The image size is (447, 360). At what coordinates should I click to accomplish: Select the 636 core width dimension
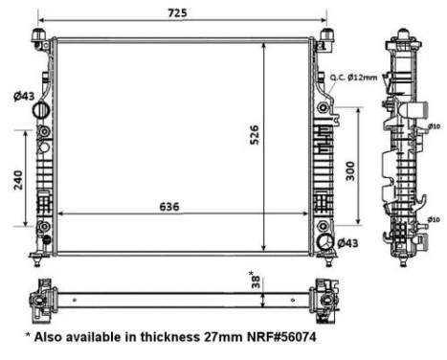(x=166, y=206)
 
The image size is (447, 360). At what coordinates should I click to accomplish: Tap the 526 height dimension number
(x=255, y=137)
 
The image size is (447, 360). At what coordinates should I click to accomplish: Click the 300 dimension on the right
(x=350, y=170)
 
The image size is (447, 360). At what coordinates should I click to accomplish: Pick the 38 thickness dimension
(x=255, y=281)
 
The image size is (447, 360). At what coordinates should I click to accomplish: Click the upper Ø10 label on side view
(x=434, y=126)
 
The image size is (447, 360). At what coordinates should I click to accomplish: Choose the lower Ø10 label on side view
(x=434, y=219)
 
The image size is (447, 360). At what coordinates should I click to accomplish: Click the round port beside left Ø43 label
(x=41, y=112)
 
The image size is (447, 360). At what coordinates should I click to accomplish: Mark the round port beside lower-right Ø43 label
(x=325, y=242)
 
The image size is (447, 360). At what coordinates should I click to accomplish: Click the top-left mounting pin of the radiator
(x=40, y=36)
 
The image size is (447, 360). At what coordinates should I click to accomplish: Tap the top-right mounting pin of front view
(x=327, y=36)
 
